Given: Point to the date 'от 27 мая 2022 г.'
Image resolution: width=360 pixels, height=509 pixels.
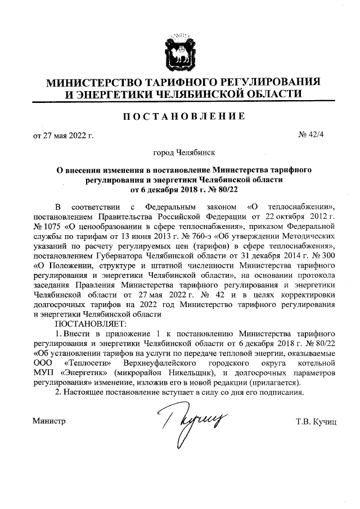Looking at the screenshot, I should click(x=62, y=136).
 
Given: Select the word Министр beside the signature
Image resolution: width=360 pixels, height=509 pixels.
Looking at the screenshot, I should click(x=49, y=421).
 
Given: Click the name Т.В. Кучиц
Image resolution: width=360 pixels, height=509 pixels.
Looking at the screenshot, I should click(x=316, y=421).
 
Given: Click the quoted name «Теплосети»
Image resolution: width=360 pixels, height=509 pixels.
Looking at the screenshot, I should click(x=87, y=363).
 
